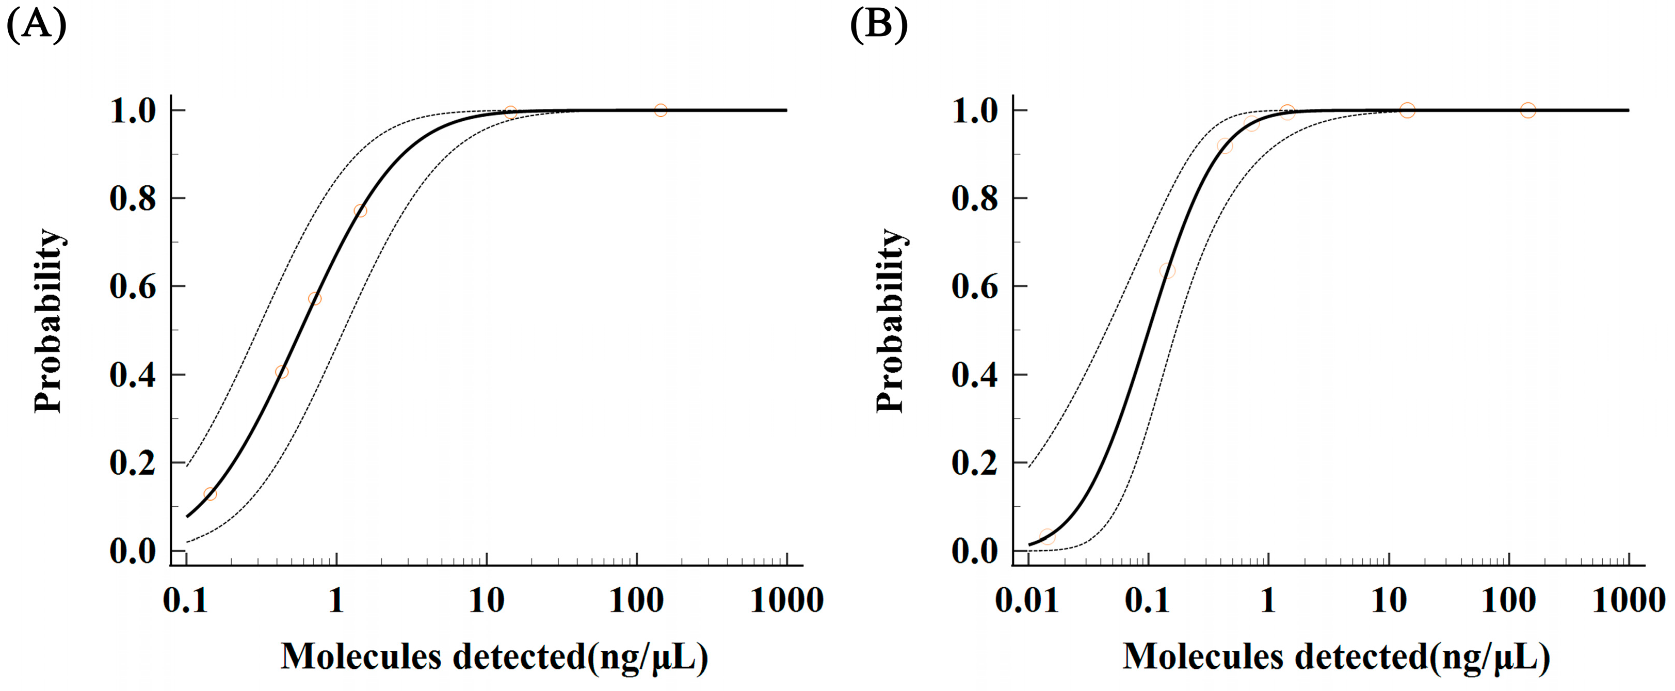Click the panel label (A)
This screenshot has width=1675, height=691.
tap(37, 26)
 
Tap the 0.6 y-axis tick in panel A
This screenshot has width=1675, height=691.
tap(133, 287)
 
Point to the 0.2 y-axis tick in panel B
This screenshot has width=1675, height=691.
tap(975, 463)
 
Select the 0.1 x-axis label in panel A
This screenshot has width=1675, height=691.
tap(185, 600)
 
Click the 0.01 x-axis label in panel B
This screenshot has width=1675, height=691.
tap(1027, 600)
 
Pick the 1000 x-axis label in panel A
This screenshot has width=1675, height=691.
tap(787, 600)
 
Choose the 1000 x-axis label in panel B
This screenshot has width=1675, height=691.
tap(1628, 600)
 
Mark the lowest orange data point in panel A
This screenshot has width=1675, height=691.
tap(210, 494)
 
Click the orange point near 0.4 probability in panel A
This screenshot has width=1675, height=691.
tap(282, 372)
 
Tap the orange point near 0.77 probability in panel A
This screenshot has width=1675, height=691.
tap(360, 211)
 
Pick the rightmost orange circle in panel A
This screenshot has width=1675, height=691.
tap(661, 110)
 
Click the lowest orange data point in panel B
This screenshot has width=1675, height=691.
tap(1047, 537)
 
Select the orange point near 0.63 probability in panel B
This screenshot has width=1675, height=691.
tap(1167, 270)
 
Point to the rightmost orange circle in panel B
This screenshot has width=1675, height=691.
tap(1528, 110)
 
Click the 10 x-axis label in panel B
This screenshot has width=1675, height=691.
tap(1388, 600)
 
